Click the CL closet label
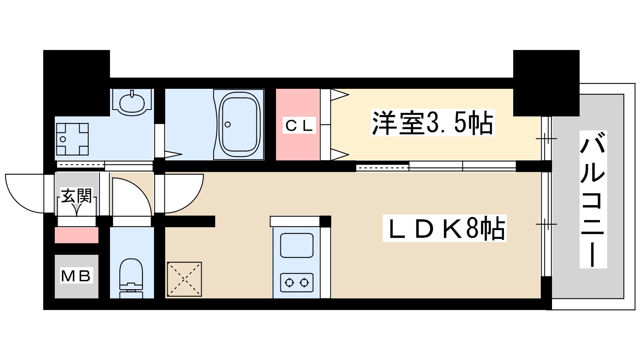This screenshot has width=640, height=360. point(299,126)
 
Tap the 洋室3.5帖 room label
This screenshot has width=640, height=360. point(433,123)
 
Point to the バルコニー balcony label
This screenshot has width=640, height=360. point(593,199)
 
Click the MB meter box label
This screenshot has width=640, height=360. point(76,276)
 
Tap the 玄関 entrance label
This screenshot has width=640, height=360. point(76,196)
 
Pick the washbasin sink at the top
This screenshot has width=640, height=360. point(132,100)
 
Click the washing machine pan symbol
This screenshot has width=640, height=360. point(72,139)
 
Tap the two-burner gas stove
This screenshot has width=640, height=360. point(296,282)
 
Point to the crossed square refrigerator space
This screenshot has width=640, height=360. point(184,279)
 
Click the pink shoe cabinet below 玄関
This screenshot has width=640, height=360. point(76,235)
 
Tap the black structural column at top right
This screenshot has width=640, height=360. point(546,82)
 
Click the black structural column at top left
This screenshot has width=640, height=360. point(76,76)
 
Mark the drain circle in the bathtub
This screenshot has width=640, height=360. point(228,124)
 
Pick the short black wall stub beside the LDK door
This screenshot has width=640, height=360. point(190,221)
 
